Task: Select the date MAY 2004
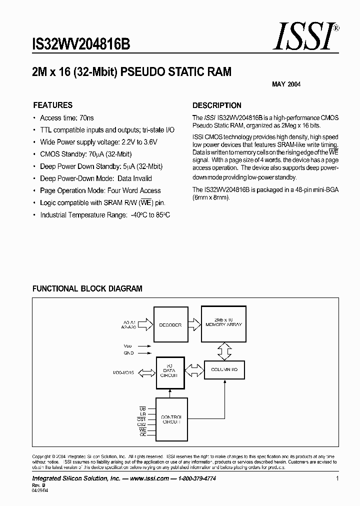click(x=286, y=84)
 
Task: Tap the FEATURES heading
click(x=52, y=105)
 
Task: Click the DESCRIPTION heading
click(x=216, y=105)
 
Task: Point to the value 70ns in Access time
click(x=85, y=118)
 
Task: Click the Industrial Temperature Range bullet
click(x=105, y=215)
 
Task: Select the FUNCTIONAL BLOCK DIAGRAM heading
click(x=87, y=288)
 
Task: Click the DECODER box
click(x=170, y=325)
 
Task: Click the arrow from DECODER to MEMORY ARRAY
click(x=192, y=325)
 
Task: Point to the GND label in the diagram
click(x=129, y=352)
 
